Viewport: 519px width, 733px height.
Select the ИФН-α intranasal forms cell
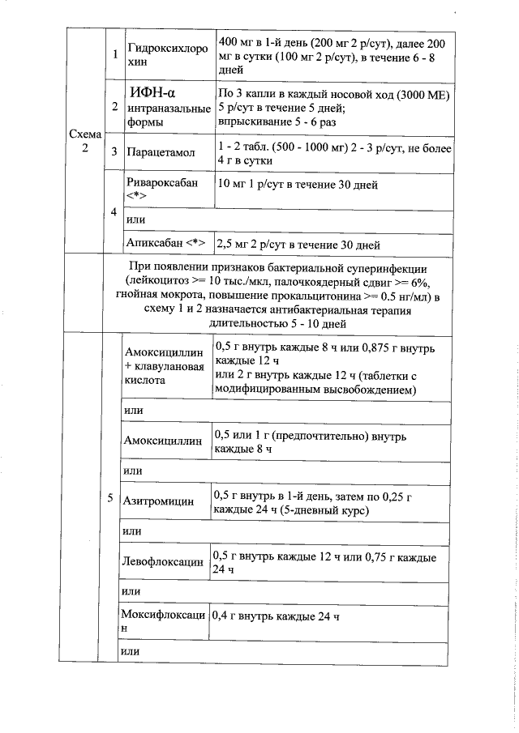pyautogui.click(x=169, y=106)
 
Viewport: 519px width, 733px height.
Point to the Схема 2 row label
pyautogui.click(x=85, y=143)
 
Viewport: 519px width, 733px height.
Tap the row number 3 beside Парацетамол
pyautogui.click(x=114, y=151)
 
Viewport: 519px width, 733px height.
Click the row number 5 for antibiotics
pyautogui.click(x=109, y=497)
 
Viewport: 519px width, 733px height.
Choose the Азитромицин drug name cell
pyautogui.click(x=159, y=501)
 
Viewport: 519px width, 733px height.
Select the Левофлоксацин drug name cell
pyautogui.click(x=163, y=560)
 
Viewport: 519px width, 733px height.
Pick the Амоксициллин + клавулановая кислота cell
pyautogui.click(x=164, y=365)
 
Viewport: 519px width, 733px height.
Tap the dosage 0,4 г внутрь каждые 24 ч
pyautogui.click(x=274, y=616)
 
